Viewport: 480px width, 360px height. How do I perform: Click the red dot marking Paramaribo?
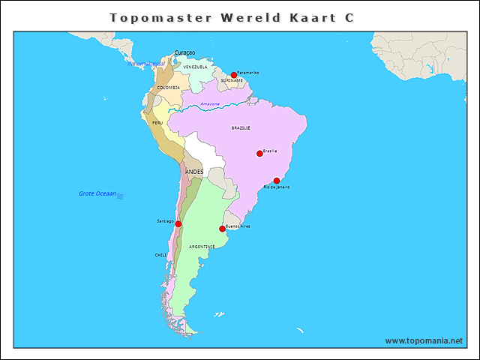pos(234,75)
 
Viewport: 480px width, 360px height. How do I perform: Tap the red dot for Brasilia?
pos(259,154)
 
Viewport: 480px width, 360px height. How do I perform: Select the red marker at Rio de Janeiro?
pos(277,181)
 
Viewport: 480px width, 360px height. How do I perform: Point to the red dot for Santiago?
pos(178,224)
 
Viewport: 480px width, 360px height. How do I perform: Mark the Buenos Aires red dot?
pos(222,229)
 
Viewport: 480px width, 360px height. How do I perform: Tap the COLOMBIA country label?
pos(169,87)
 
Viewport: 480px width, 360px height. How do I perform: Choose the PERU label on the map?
pos(157,122)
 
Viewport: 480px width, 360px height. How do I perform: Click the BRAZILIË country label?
pos(241,127)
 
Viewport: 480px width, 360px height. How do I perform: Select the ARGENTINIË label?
pos(202,246)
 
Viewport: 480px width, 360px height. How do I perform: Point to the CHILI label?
pos(161,255)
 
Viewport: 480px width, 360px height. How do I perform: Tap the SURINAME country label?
pos(232,80)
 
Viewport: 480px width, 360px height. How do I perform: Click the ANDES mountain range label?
pos(194,172)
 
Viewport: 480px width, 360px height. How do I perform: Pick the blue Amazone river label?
pos(210,103)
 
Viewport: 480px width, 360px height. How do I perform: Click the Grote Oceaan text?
pos(97,193)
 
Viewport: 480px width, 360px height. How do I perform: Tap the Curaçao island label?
pos(184,52)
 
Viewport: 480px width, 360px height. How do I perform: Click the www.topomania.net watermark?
pos(424,340)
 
